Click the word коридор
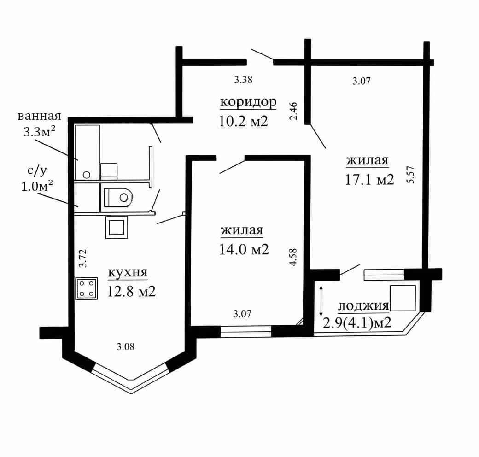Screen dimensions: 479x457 coord(248,102)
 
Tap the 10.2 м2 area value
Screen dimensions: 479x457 coord(244,121)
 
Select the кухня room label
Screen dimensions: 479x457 coord(128,272)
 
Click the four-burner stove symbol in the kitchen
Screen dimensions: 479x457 coord(87,288)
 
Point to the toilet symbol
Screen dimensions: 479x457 coord(117,198)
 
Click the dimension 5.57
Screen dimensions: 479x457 coord(410,175)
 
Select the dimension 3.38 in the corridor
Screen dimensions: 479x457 coord(243,80)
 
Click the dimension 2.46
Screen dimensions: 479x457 coord(293,111)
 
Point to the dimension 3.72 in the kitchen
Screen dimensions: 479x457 coord(83,258)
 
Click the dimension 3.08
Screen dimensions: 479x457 coord(126,347)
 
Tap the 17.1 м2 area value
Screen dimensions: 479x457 coord(370,180)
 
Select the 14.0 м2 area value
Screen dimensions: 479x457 coord(244,250)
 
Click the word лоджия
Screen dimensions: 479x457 coord(363,306)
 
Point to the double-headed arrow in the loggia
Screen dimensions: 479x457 coord(321,301)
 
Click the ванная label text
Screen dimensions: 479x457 coord(40,116)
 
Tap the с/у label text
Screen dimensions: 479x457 coord(37,171)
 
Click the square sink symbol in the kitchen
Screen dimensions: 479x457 coord(117,227)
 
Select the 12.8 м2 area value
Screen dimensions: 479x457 coord(131,292)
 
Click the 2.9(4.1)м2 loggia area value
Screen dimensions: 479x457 coord(357,322)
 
